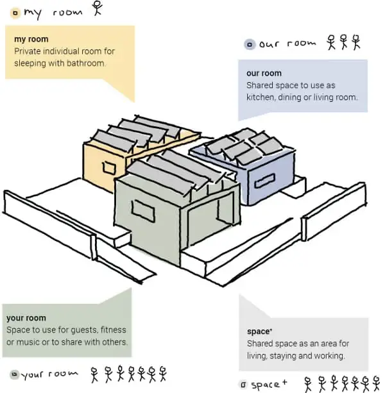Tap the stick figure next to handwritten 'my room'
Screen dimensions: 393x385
[98, 8]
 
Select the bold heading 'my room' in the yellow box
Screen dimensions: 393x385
[31, 40]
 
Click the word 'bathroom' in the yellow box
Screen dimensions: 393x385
[87, 64]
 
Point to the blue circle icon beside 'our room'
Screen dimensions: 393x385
[249, 45]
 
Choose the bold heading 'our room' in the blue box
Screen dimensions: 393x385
[264, 74]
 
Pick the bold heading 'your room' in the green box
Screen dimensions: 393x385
[26, 318]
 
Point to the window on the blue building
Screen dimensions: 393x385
[264, 179]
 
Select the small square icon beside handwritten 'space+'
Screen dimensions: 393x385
[243, 385]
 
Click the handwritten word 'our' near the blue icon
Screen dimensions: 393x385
[269, 45]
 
